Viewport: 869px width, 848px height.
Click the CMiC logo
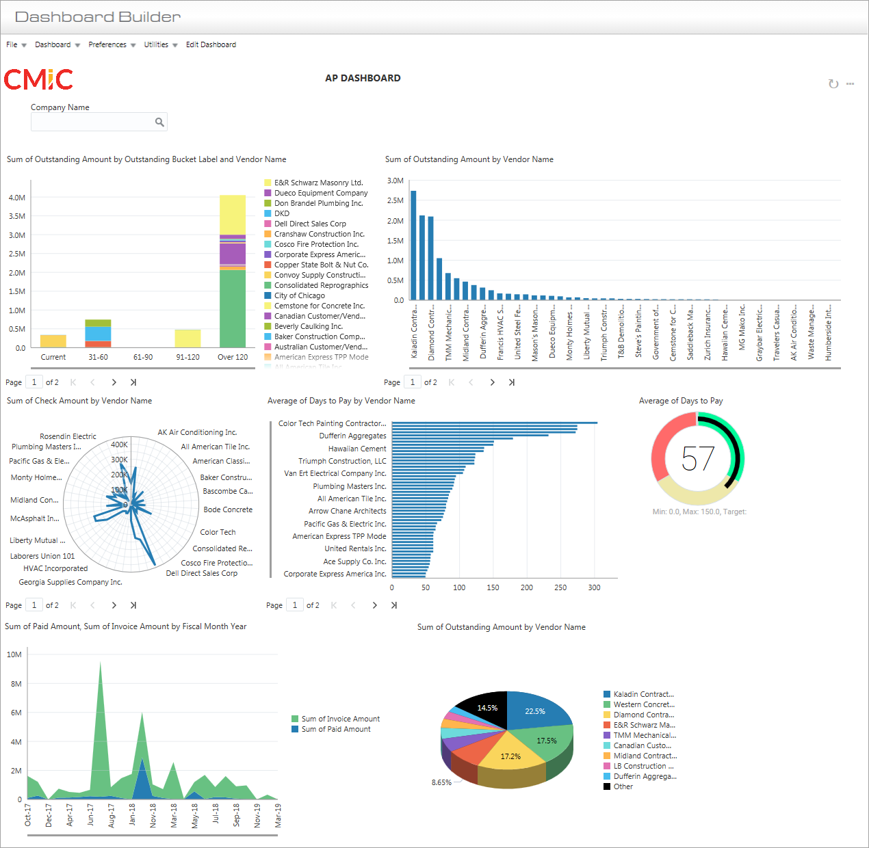tap(38, 79)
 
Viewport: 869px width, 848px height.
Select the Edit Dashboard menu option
tap(211, 44)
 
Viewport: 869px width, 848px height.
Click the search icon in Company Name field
tap(159, 122)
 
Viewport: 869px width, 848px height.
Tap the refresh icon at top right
tap(833, 84)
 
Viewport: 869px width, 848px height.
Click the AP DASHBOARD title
tap(363, 78)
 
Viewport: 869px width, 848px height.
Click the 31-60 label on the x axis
tap(98, 357)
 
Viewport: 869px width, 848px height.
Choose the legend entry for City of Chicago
tap(299, 295)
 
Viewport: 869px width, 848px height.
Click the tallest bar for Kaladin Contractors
tap(413, 246)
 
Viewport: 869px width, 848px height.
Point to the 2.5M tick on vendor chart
tap(395, 200)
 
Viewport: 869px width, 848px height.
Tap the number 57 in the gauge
tap(698, 459)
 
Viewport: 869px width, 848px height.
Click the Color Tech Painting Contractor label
tap(332, 423)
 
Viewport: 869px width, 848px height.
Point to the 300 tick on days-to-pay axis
tap(594, 587)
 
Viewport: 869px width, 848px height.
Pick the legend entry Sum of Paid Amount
tap(335, 729)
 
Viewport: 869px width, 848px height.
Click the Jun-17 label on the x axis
tap(90, 815)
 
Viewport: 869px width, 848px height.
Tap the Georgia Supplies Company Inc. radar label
tap(70, 582)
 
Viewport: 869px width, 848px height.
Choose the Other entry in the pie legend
tap(623, 786)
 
